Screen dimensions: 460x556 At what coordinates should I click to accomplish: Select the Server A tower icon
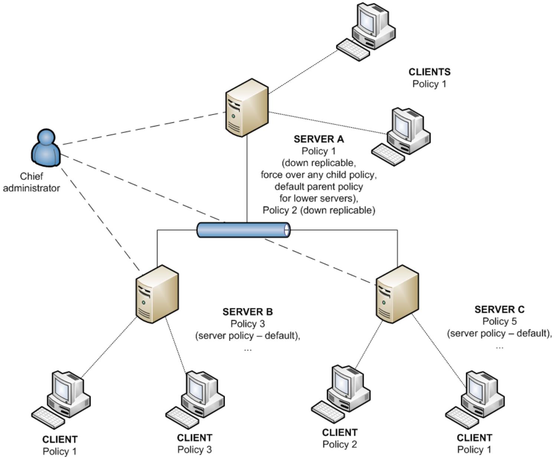(x=247, y=108)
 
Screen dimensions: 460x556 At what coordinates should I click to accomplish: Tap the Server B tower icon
(x=157, y=294)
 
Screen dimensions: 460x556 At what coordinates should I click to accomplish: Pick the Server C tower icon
(x=397, y=294)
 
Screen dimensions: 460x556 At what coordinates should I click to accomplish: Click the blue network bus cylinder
(x=243, y=230)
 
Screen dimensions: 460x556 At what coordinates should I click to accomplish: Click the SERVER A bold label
(x=318, y=139)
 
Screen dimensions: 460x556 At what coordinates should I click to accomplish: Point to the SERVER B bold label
(x=248, y=312)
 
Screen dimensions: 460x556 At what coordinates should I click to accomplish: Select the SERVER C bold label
(x=499, y=309)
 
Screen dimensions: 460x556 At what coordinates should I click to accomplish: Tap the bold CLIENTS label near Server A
(x=429, y=72)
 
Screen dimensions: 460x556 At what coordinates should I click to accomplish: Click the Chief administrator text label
(x=32, y=182)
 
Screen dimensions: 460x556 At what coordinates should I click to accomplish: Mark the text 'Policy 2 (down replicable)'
(x=319, y=210)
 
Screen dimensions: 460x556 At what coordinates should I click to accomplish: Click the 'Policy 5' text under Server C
(x=499, y=321)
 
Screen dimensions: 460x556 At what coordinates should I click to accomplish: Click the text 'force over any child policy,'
(x=318, y=175)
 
